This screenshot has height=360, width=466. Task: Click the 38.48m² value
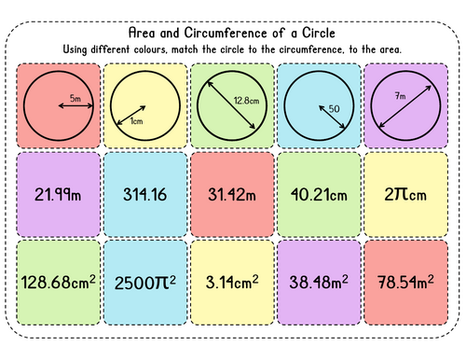tap(322, 281)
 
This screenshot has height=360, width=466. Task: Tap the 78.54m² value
tap(409, 281)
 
